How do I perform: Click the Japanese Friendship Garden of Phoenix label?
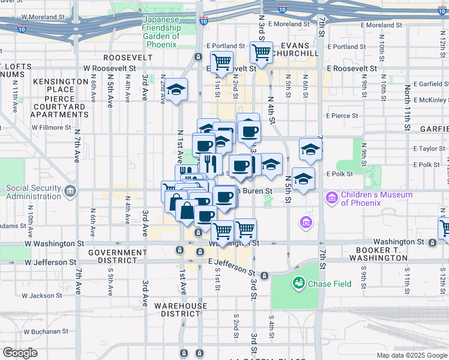[x=161, y=32]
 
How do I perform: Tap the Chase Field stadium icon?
[x=298, y=282]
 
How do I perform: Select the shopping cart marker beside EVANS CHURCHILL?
[x=261, y=52]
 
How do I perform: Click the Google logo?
[x=20, y=353]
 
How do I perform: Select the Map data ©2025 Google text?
[x=411, y=355]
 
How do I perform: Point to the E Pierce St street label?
[x=342, y=116]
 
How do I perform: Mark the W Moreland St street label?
[x=44, y=19]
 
